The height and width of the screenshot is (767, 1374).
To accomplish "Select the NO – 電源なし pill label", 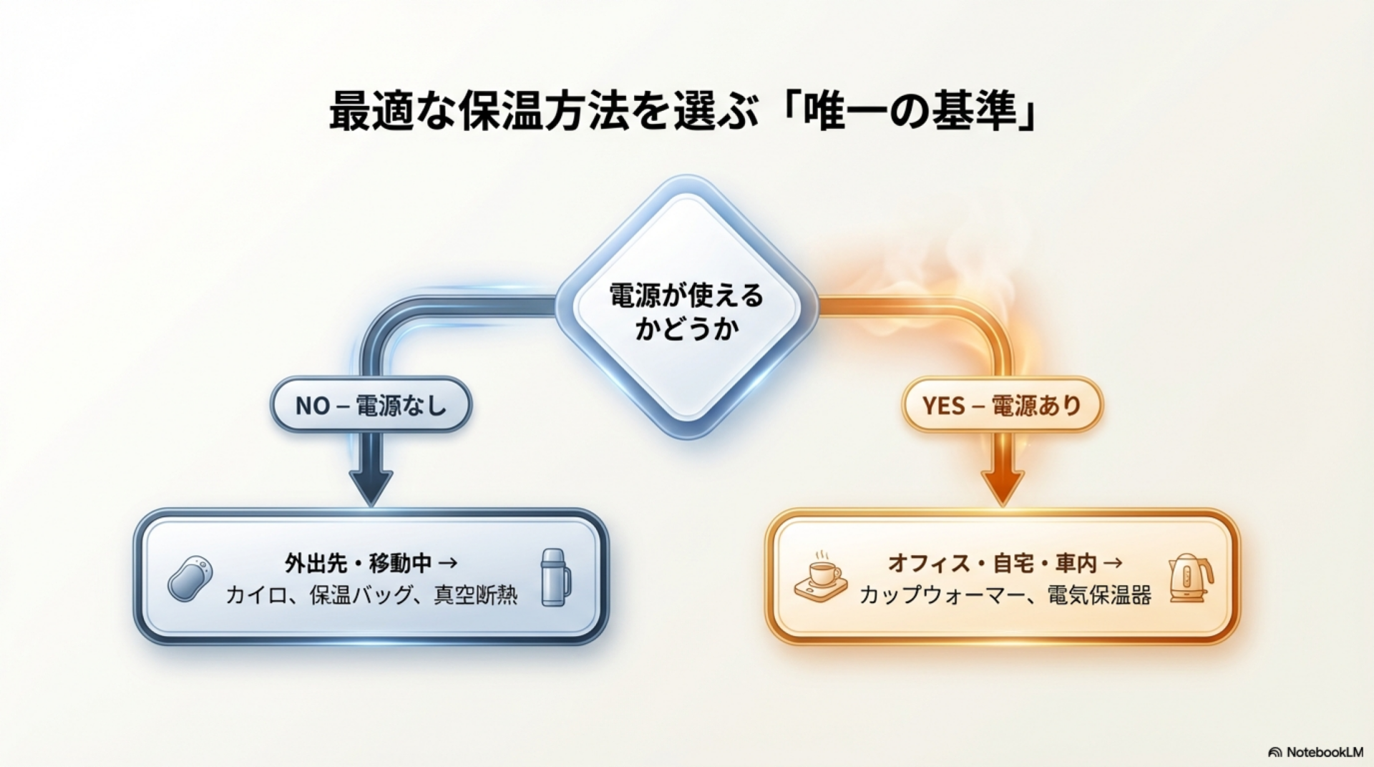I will click(x=371, y=406).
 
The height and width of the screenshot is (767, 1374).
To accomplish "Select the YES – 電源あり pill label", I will click(x=1001, y=406).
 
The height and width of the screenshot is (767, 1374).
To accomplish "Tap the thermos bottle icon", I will click(x=555, y=578).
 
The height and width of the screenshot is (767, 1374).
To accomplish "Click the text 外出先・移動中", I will click(x=358, y=564).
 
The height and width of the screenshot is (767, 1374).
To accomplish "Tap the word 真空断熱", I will click(x=475, y=595).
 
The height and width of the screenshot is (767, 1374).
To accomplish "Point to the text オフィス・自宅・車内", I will click(x=992, y=564).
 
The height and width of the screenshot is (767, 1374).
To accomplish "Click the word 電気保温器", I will click(x=1099, y=595).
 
